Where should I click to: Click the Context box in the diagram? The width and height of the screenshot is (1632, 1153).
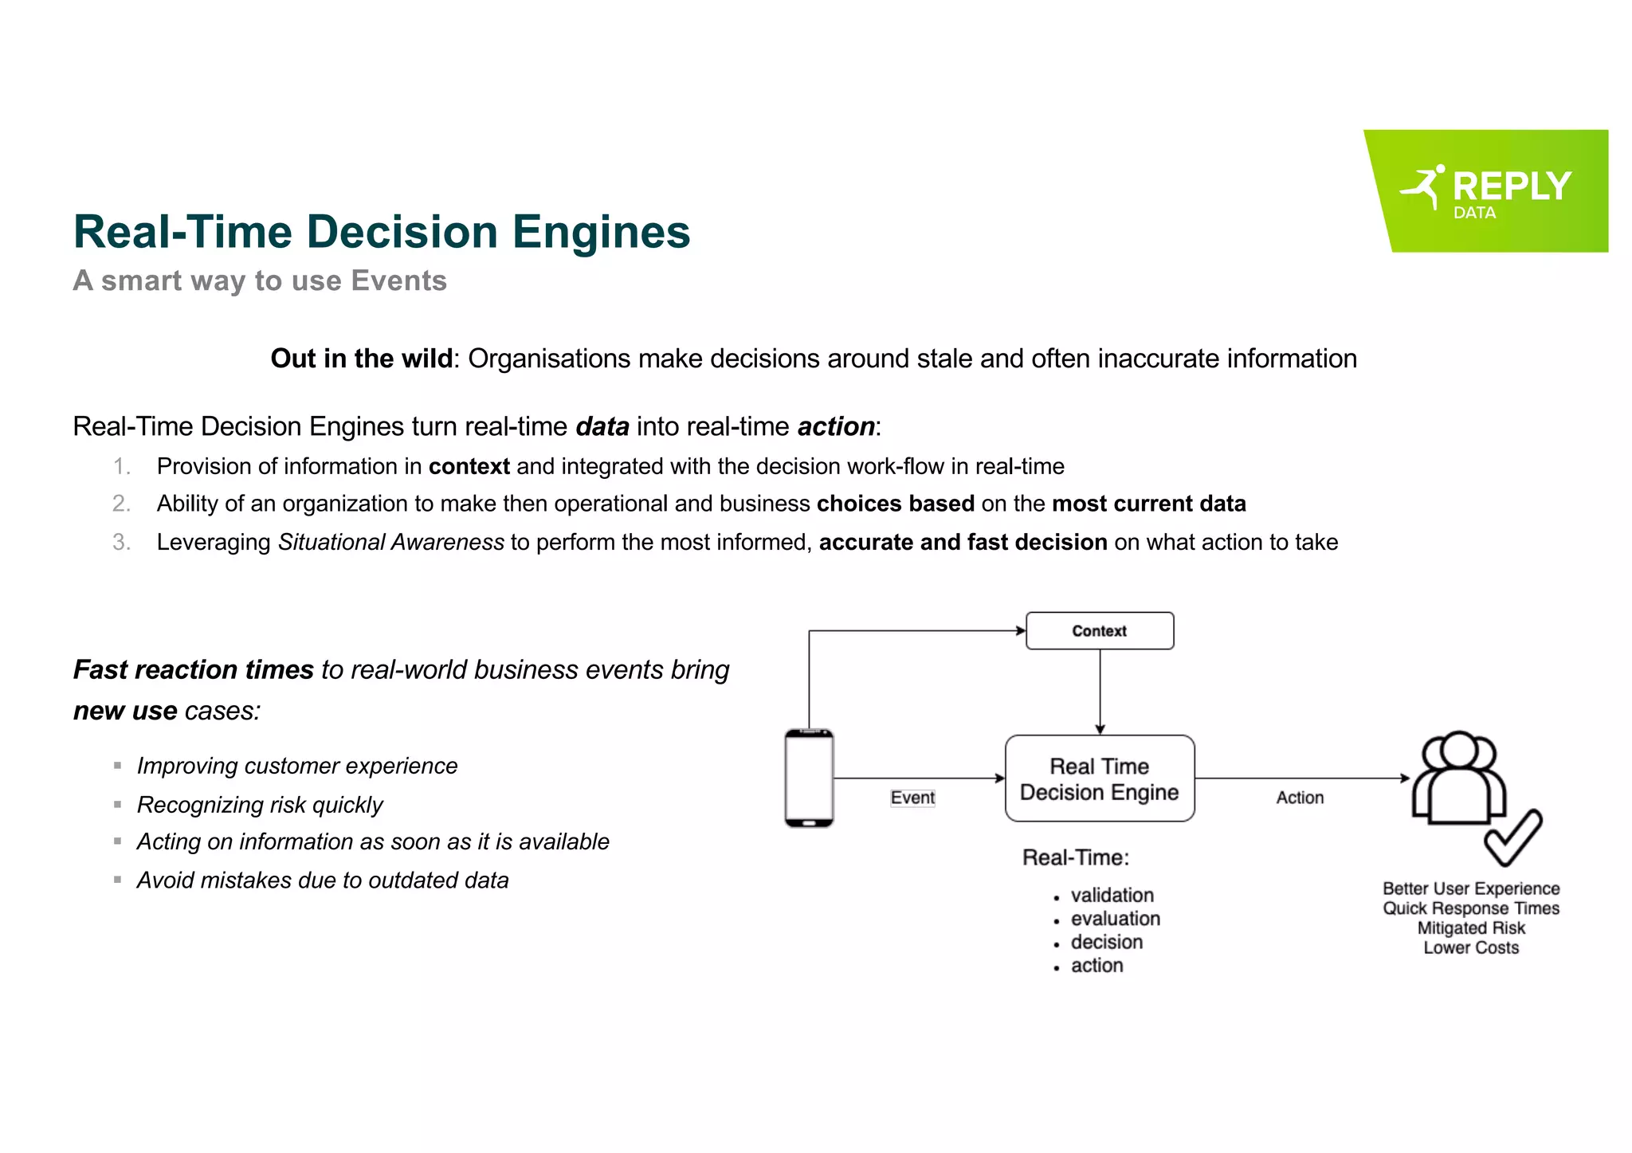(1099, 631)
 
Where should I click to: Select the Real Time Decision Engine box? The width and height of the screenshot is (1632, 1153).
(1099, 778)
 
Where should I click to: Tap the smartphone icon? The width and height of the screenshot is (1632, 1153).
(809, 778)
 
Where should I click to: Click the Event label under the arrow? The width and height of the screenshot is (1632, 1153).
(912, 798)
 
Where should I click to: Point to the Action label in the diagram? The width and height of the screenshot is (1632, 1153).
(1300, 798)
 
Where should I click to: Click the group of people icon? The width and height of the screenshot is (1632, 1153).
(1458, 777)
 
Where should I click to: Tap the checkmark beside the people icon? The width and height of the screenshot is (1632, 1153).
(1512, 837)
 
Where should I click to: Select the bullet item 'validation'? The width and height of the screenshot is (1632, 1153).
(1112, 895)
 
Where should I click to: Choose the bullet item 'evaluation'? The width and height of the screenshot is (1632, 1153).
(1115, 919)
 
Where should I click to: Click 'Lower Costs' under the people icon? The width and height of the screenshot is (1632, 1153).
(1471, 947)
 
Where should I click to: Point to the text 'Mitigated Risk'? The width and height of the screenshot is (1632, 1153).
(1471, 927)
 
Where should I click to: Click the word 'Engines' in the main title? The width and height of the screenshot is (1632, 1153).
(601, 232)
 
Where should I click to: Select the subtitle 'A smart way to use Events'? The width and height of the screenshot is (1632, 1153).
(260, 280)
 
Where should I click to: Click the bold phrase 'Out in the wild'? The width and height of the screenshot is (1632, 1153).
(362, 359)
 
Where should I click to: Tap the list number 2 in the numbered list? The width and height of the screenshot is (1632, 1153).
(121, 504)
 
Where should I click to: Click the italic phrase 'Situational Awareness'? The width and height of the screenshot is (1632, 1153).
(390, 542)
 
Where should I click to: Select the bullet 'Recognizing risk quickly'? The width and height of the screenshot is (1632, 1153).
(260, 805)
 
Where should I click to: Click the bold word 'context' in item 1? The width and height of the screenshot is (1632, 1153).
(469, 466)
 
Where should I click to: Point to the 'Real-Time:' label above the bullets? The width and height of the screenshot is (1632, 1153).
(1076, 857)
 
